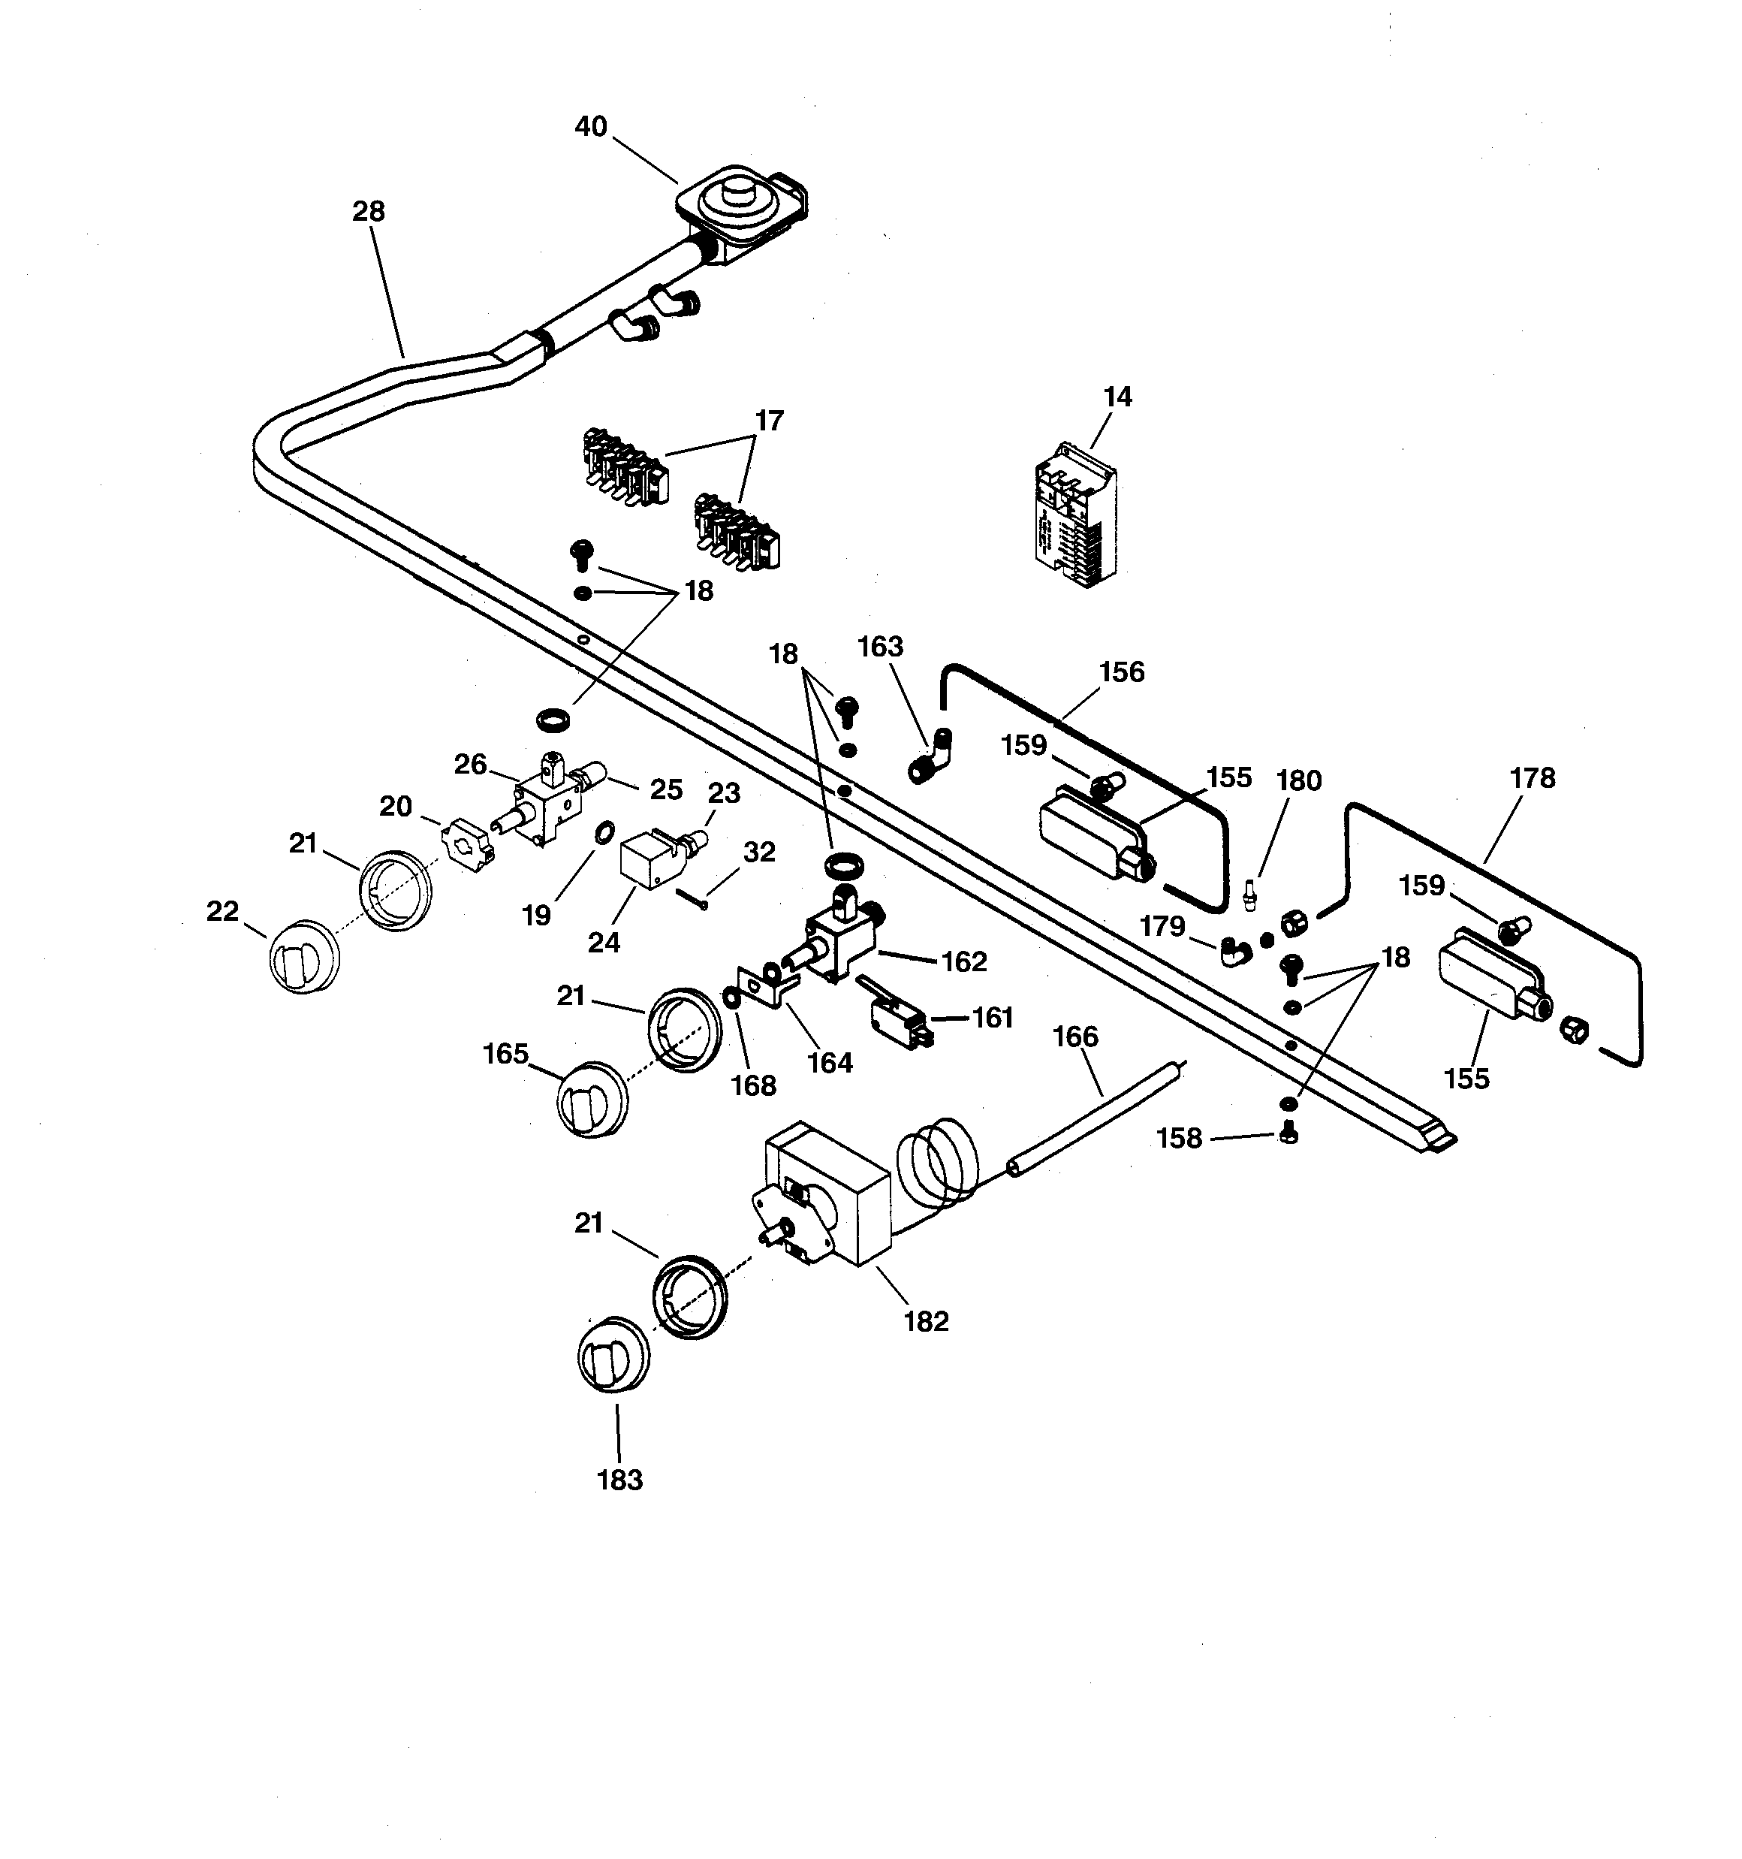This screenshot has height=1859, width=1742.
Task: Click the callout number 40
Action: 590,126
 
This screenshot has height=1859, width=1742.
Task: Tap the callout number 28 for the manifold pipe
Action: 369,211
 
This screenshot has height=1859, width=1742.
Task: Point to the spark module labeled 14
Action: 1075,515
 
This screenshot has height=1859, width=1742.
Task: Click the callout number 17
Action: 769,421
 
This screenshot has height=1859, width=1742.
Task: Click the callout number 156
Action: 1121,671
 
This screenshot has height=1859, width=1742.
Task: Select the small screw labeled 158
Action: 1288,1134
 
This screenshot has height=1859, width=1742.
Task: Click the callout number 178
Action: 1532,778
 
